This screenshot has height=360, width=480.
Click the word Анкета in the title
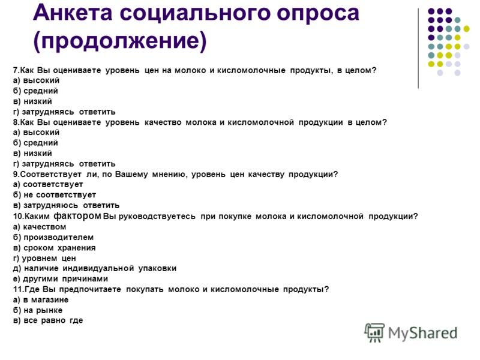point(73,13)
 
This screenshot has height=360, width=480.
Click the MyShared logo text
point(423,333)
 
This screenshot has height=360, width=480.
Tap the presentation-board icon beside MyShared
point(374,332)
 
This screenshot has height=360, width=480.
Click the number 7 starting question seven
point(16,70)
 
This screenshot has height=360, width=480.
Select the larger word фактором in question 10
point(77,216)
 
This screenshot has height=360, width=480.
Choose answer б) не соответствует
point(55,195)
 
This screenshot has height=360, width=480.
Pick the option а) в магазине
point(41,299)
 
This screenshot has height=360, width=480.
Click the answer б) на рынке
point(38,310)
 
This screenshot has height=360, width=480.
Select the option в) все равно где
point(48,320)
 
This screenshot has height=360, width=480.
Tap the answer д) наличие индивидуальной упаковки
point(95,268)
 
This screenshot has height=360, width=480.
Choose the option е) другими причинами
point(61,279)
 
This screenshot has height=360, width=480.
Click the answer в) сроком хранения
point(55,248)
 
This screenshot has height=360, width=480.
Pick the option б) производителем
point(53,237)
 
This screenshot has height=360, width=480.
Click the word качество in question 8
point(163,122)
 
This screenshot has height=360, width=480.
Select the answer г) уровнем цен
point(44,259)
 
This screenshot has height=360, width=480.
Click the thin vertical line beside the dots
point(418,49)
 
